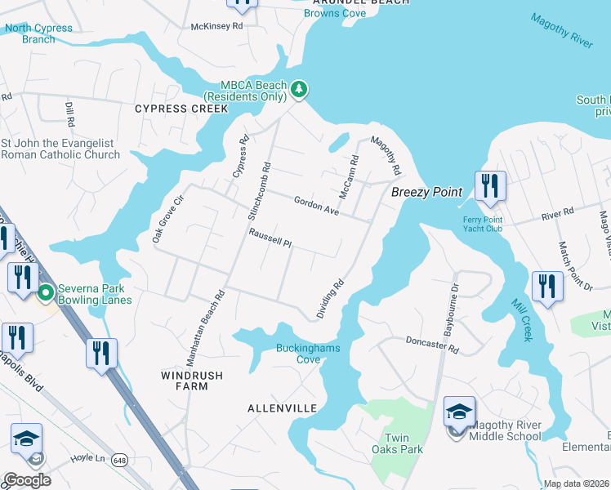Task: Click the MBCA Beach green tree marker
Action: point(299,89)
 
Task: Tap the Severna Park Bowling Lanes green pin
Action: point(46,292)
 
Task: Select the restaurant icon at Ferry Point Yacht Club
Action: point(490,186)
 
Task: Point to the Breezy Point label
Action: point(426,193)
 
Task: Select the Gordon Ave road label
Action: point(316,205)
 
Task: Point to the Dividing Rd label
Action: point(330,300)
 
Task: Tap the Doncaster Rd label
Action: point(432,345)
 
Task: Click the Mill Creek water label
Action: point(521,318)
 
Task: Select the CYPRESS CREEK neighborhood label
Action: point(181,109)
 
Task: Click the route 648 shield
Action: point(120,459)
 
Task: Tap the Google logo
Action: point(27,480)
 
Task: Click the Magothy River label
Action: point(560,31)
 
